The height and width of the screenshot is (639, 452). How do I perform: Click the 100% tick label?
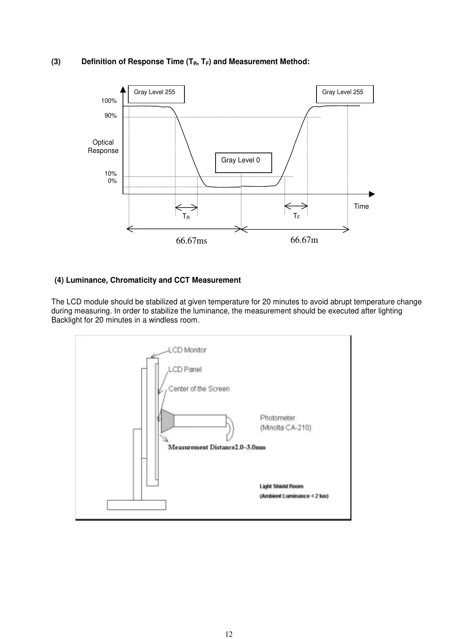pyautogui.click(x=109, y=101)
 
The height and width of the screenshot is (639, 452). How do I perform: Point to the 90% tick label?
pyautogui.click(x=110, y=116)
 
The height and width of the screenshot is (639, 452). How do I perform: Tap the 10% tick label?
pyautogui.click(x=110, y=174)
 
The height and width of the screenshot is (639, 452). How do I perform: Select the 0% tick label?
pyautogui.click(x=112, y=181)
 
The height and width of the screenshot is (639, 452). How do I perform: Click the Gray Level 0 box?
pyautogui.click(x=243, y=162)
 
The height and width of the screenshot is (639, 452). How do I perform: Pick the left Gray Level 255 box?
pyautogui.click(x=156, y=94)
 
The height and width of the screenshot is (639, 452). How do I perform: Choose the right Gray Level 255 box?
pyautogui.click(x=345, y=94)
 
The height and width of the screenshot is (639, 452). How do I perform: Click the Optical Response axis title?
pyautogui.click(x=103, y=146)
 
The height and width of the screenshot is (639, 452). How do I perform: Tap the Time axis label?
pyautogui.click(x=361, y=206)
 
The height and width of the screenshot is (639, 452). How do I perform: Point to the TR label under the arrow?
pyautogui.click(x=186, y=217)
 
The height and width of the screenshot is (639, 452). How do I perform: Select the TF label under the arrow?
pyautogui.click(x=296, y=216)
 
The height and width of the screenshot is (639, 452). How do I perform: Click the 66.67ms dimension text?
pyautogui.click(x=192, y=241)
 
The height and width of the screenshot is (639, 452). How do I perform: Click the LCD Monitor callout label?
pyautogui.click(x=187, y=350)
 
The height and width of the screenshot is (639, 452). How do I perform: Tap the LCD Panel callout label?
pyautogui.click(x=185, y=369)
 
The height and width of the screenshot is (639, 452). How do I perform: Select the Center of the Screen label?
pyautogui.click(x=199, y=389)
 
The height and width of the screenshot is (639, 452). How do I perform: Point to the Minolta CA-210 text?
pyautogui.click(x=285, y=428)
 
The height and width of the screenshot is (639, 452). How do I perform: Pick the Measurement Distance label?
pyautogui.click(x=217, y=447)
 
